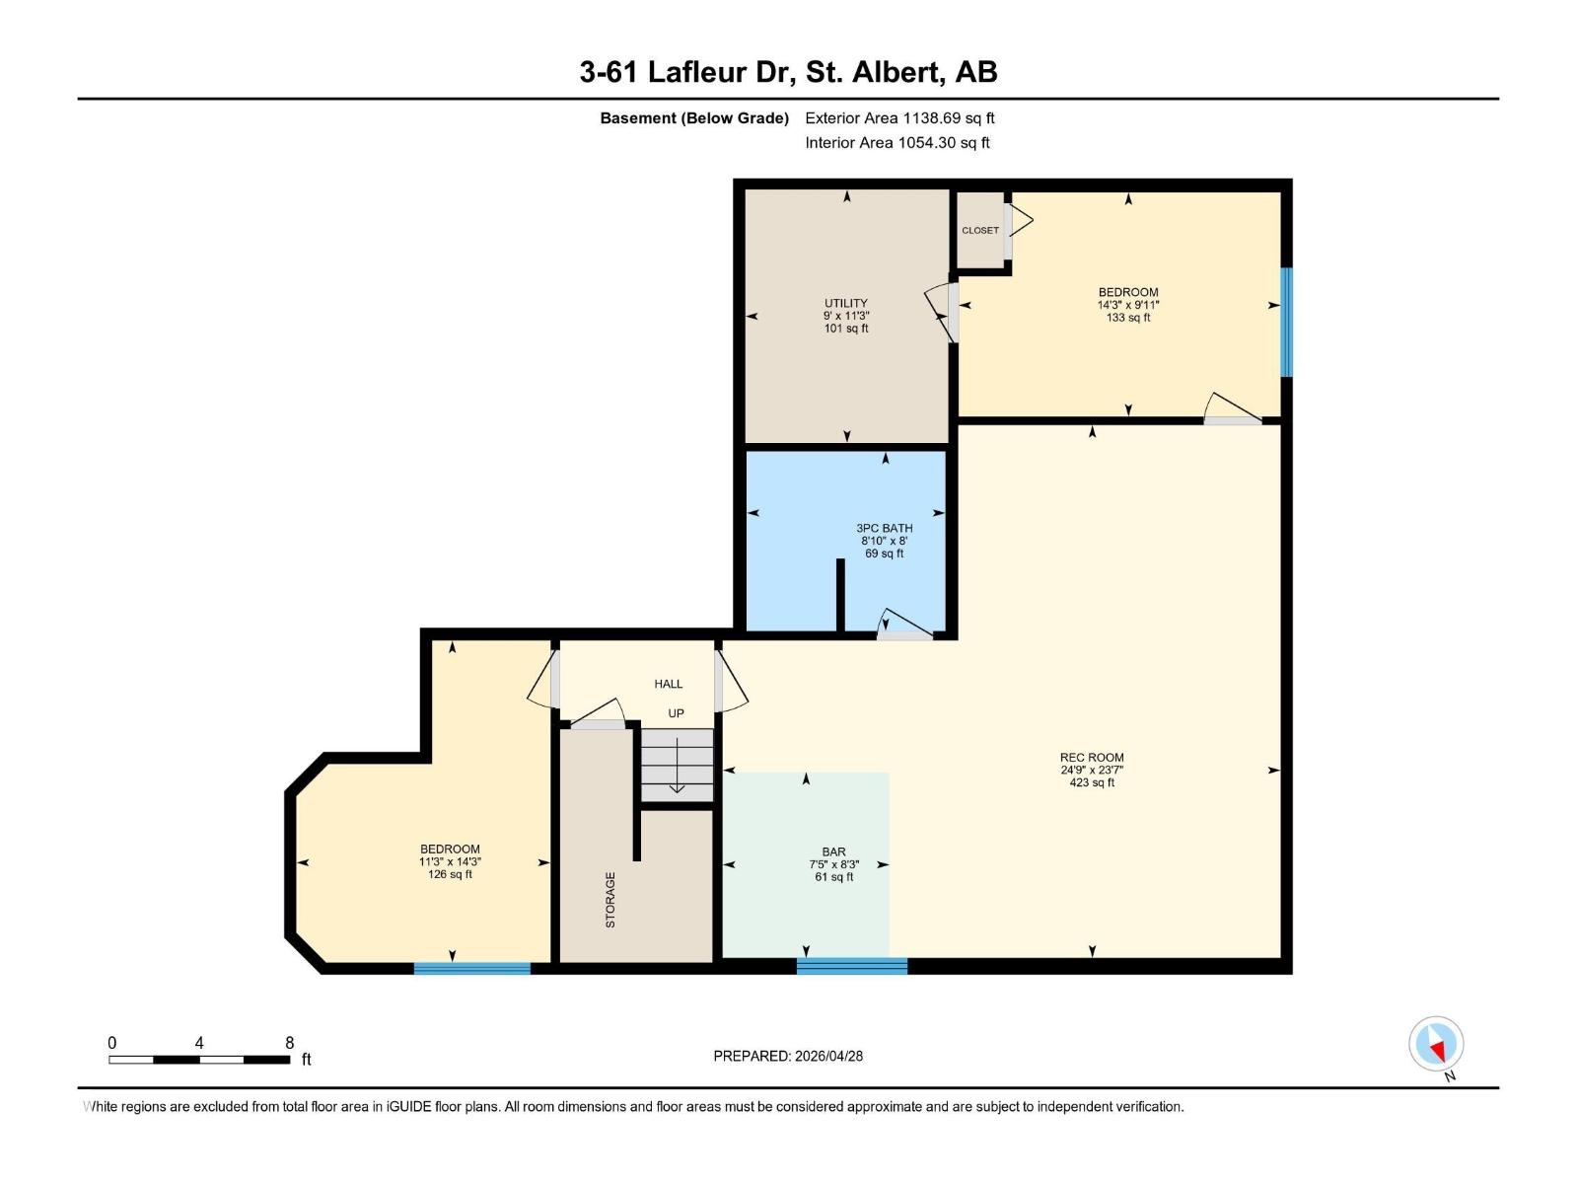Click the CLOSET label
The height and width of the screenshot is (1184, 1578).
point(979,231)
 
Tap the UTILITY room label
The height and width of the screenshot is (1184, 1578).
point(846,303)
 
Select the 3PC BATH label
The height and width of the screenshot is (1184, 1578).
point(884,529)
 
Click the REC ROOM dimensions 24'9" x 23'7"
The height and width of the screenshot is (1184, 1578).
point(1092,771)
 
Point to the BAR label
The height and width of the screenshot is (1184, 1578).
point(833,851)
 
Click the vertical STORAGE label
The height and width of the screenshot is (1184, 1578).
point(610,899)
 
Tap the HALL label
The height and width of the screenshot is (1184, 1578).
point(668,684)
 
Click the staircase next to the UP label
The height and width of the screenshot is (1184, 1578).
point(677,765)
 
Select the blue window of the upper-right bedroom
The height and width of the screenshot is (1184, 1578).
point(1286,322)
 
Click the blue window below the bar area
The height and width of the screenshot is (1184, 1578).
point(851,966)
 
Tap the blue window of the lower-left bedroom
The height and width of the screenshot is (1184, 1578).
point(471,968)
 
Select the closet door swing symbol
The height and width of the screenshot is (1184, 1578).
point(1019,222)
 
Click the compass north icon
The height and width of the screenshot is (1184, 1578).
point(1436,1044)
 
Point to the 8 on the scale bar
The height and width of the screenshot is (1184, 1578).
point(289,1043)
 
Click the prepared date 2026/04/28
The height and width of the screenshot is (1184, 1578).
point(828,1056)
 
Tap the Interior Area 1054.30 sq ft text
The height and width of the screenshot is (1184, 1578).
point(897,143)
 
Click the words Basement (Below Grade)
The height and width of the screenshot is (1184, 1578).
point(694,118)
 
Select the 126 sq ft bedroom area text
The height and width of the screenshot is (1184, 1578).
point(450,874)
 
